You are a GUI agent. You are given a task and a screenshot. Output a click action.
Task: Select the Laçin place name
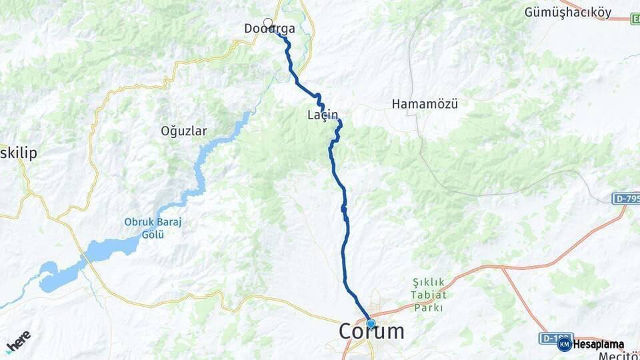[323, 115]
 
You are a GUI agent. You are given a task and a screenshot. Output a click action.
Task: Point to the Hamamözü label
[424, 104]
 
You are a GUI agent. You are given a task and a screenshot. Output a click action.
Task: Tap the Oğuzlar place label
[183, 131]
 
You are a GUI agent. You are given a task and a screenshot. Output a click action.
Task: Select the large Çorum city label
[371, 331]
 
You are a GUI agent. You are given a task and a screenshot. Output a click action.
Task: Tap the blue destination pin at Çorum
[371, 324]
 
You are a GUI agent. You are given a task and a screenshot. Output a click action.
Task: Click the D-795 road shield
[625, 199]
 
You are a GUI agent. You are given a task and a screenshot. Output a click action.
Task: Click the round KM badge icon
[564, 345]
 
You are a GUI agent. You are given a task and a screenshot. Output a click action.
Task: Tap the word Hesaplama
[598, 345]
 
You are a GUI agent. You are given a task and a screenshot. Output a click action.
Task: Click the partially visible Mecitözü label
[621, 355]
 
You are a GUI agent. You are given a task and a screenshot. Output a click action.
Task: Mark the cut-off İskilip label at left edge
[18, 153]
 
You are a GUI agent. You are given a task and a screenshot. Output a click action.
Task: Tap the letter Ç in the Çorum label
[348, 331]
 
